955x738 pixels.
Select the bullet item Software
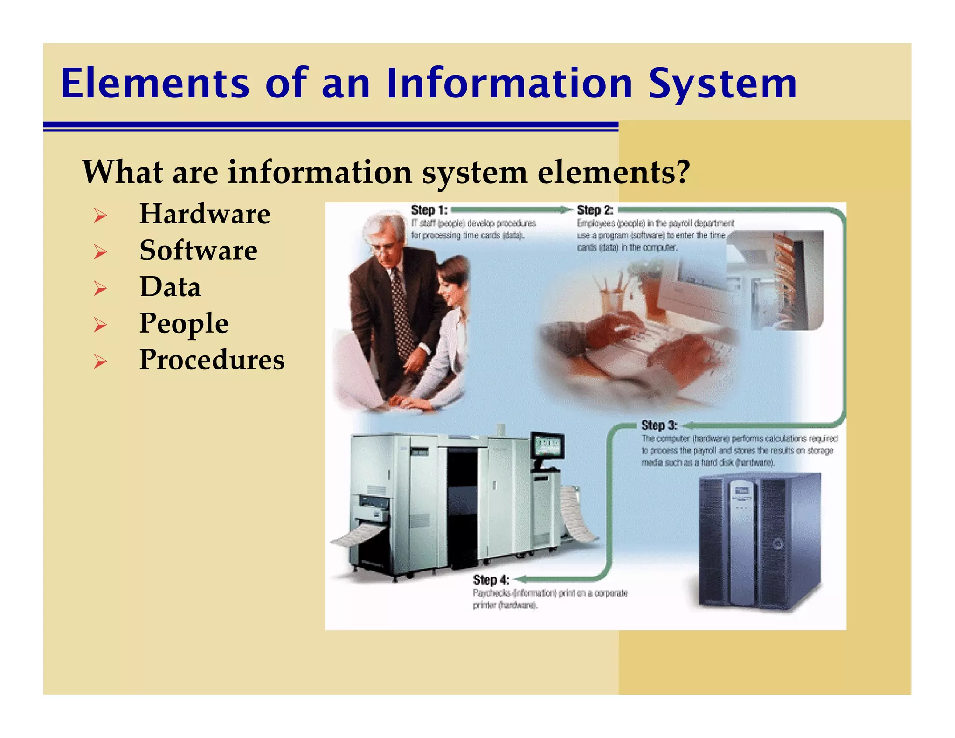pyautogui.click(x=198, y=251)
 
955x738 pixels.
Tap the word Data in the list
pyautogui.click(x=170, y=287)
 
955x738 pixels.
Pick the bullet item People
pyautogui.click(x=184, y=323)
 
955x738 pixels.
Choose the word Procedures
pyautogui.click(x=212, y=360)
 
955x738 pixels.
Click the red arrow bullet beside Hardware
pyautogui.click(x=100, y=216)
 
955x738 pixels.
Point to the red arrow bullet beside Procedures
pyautogui.click(x=100, y=362)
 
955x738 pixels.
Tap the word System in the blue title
pyautogui.click(x=722, y=84)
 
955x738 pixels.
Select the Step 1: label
pyautogui.click(x=429, y=210)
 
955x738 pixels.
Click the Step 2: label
pyautogui.click(x=595, y=210)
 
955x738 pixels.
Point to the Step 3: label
pyautogui.click(x=658, y=425)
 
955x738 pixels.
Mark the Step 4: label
pyautogui.click(x=491, y=579)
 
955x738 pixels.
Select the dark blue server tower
pyautogui.click(x=759, y=541)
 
